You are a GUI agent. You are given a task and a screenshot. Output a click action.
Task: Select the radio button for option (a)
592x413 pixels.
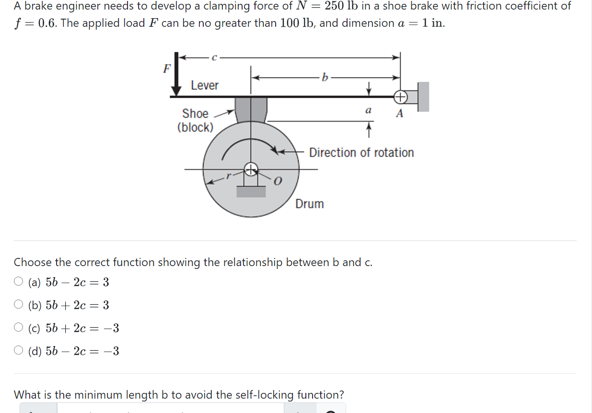(x=19, y=281)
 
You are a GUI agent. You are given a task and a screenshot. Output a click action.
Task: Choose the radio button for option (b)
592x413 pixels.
(x=19, y=304)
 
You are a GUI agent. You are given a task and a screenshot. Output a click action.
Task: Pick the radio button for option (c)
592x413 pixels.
(x=19, y=327)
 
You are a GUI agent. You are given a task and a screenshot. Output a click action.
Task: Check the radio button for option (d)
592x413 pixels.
(x=19, y=350)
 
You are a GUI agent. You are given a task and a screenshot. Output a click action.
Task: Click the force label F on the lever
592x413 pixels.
(x=166, y=68)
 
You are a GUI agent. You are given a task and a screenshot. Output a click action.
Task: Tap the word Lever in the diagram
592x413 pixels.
(x=205, y=85)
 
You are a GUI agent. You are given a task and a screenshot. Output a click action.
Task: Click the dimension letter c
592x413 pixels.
(x=214, y=57)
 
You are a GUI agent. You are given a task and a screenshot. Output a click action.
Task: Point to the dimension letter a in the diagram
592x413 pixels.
(x=368, y=111)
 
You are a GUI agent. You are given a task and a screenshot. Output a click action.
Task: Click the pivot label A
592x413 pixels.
(x=399, y=114)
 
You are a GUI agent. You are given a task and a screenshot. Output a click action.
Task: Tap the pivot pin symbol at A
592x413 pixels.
(x=400, y=97)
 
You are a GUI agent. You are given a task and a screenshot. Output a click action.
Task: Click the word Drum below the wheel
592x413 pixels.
(x=310, y=204)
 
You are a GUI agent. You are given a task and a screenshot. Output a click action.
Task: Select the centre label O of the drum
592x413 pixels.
(x=278, y=181)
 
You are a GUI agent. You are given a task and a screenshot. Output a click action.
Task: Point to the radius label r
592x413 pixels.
(x=229, y=176)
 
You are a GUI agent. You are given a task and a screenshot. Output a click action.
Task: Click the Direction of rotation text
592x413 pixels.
(x=361, y=153)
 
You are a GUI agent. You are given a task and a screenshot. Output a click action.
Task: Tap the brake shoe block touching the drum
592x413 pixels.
(x=251, y=110)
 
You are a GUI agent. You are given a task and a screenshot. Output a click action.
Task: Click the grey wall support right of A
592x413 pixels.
(x=423, y=97)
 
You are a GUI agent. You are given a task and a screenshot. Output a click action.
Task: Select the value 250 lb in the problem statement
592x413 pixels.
(x=346, y=6)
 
